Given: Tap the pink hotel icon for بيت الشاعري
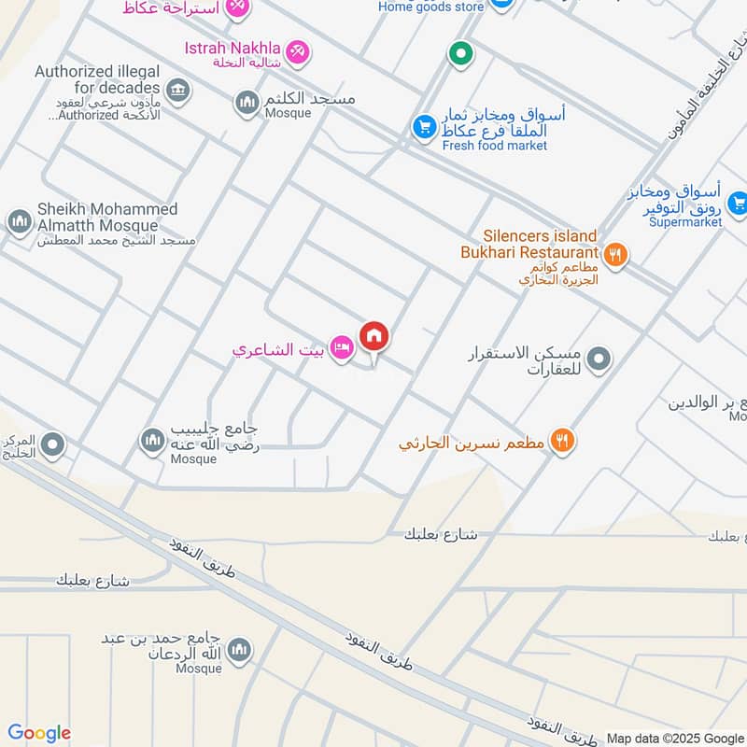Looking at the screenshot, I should tap(342, 349).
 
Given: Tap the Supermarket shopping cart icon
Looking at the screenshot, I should tap(737, 202).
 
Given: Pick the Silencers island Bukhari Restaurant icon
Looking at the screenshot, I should tap(614, 252).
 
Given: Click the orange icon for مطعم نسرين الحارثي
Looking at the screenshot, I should tap(561, 441).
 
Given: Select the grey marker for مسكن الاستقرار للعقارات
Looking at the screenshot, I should tap(601, 358).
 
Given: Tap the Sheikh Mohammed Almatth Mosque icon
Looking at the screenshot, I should tap(19, 222).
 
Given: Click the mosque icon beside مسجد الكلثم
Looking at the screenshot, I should tap(247, 102).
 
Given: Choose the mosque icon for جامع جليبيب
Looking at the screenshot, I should tap(152, 439).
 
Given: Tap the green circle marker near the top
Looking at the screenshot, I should tap(459, 54).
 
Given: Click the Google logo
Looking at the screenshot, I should tap(38, 733).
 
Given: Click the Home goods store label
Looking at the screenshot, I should tap(430, 7).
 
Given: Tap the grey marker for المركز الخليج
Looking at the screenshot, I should tap(52, 444).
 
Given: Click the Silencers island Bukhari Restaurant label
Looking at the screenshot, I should tap(529, 245).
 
